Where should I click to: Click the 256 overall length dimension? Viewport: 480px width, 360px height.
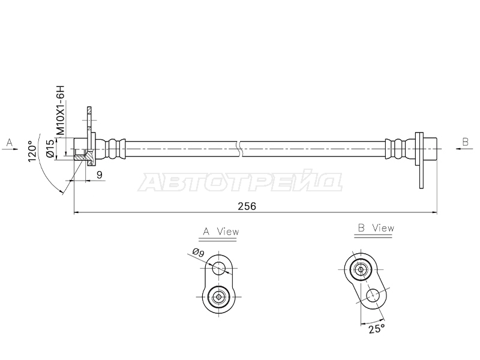click(x=247, y=206)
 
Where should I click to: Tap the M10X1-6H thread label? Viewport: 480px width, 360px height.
click(x=61, y=110)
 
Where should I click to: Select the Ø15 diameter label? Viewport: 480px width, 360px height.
click(x=50, y=148)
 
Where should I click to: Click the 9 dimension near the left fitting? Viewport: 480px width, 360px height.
click(x=99, y=175)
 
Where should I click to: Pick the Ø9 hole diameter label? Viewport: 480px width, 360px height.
click(x=199, y=253)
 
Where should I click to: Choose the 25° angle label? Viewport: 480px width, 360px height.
click(x=377, y=329)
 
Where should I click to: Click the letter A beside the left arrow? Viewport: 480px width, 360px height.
click(x=10, y=142)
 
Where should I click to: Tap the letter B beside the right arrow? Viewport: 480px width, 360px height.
click(x=466, y=142)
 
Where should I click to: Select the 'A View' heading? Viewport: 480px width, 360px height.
click(x=221, y=232)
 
